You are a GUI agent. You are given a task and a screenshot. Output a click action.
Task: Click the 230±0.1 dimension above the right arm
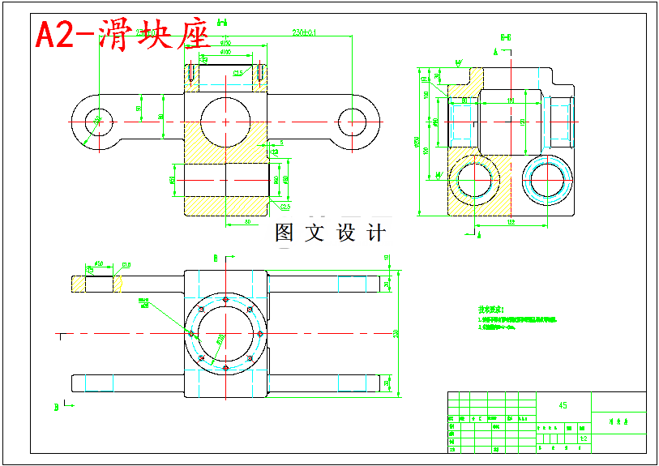(304, 33)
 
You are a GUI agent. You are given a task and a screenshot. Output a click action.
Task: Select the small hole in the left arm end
(97, 122)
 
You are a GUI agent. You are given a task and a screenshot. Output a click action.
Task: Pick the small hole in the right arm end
(353, 122)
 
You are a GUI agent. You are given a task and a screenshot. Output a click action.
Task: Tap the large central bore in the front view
(225, 122)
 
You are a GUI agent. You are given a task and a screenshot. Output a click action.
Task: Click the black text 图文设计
(330, 233)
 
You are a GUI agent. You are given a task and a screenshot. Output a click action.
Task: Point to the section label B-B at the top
(505, 36)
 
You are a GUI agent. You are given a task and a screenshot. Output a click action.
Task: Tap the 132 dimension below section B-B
(511, 220)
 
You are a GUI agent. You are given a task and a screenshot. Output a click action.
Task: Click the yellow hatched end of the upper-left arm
(79, 284)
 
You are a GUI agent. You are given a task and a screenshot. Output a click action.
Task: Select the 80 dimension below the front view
(246, 220)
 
